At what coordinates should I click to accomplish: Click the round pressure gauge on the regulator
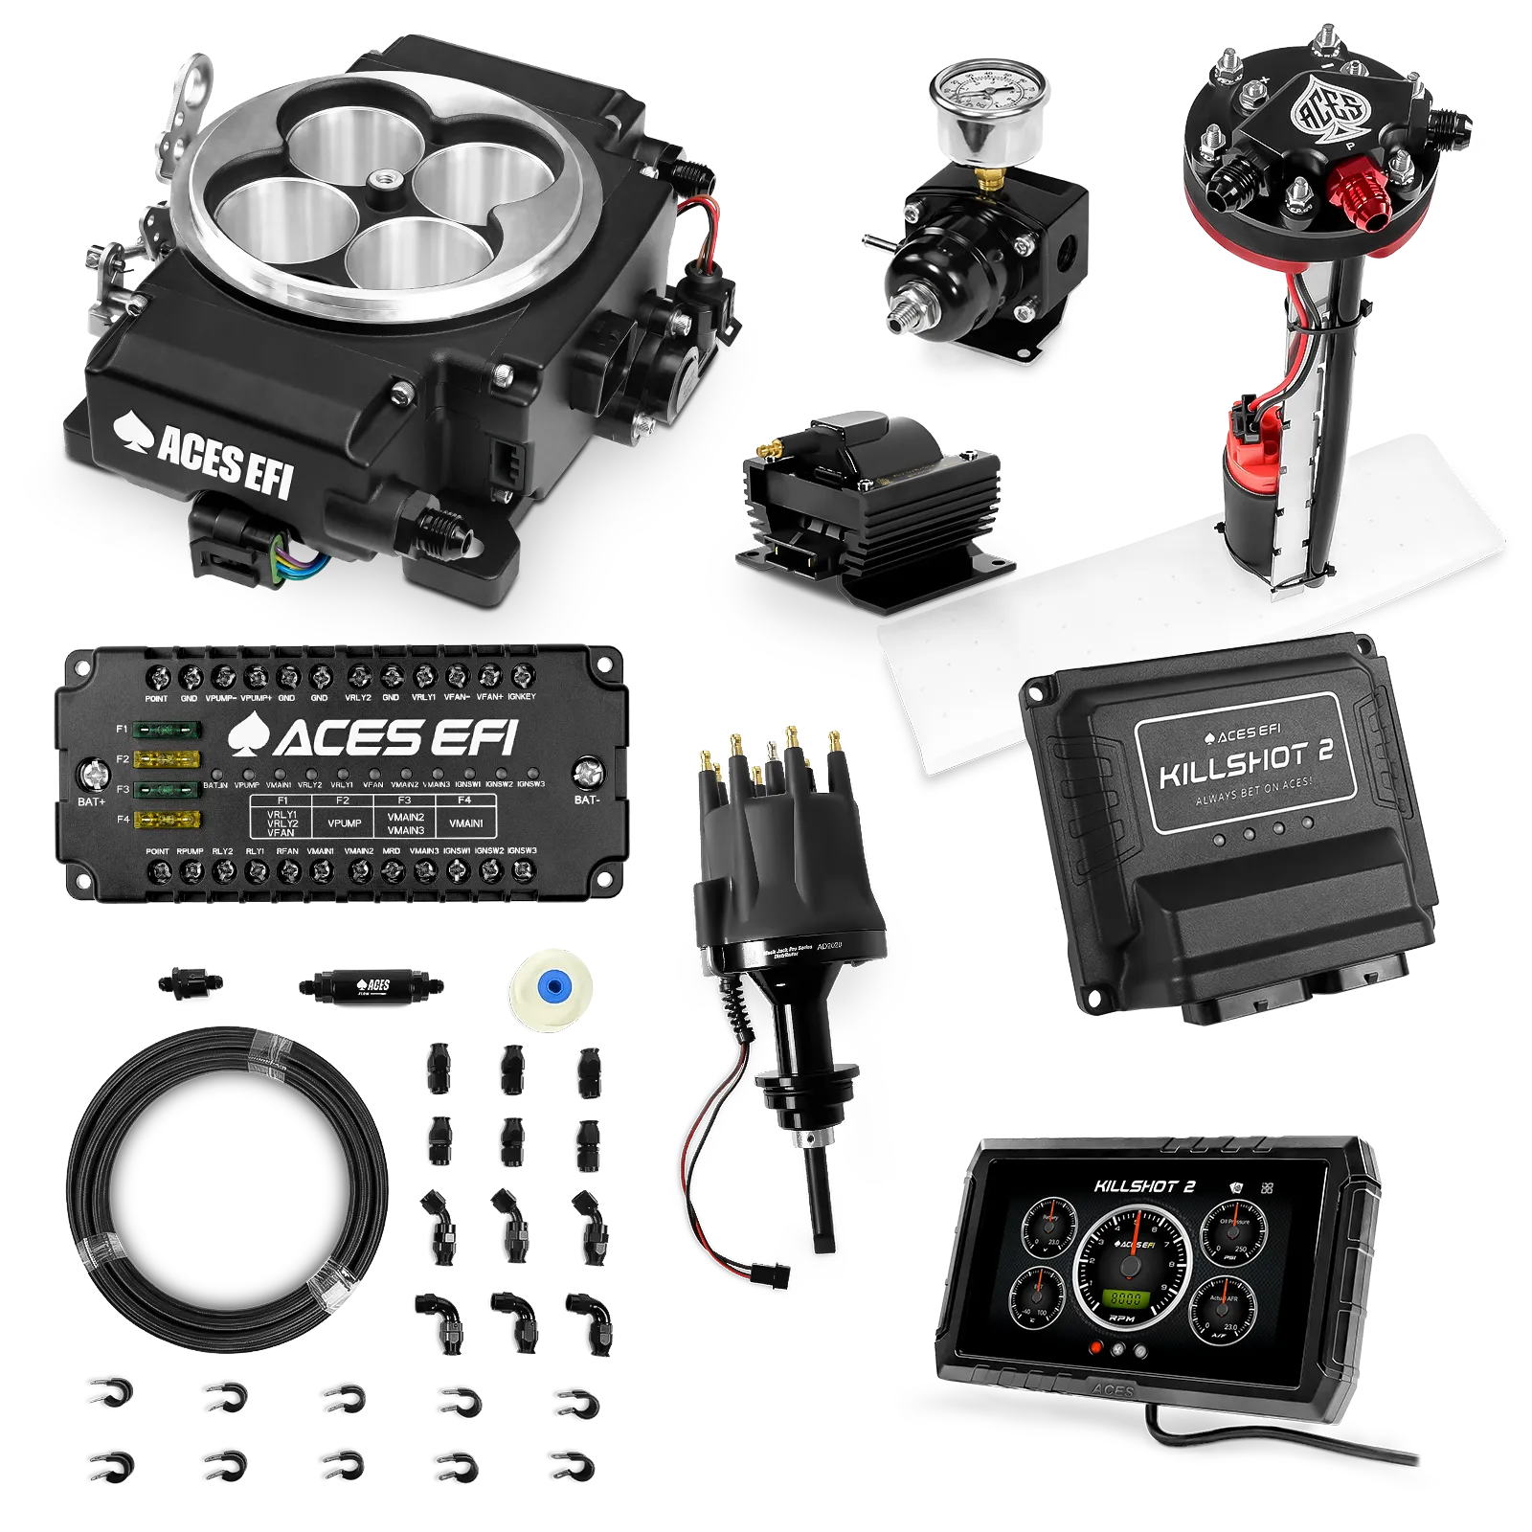coord(985,104)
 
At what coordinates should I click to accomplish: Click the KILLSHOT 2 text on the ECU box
coord(1246,762)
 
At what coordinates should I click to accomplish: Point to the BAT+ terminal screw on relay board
coord(93,774)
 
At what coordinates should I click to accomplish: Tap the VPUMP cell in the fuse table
coord(344,822)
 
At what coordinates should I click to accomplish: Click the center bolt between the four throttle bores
coord(389,180)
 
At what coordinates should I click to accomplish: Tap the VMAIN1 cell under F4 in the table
coord(466,822)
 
